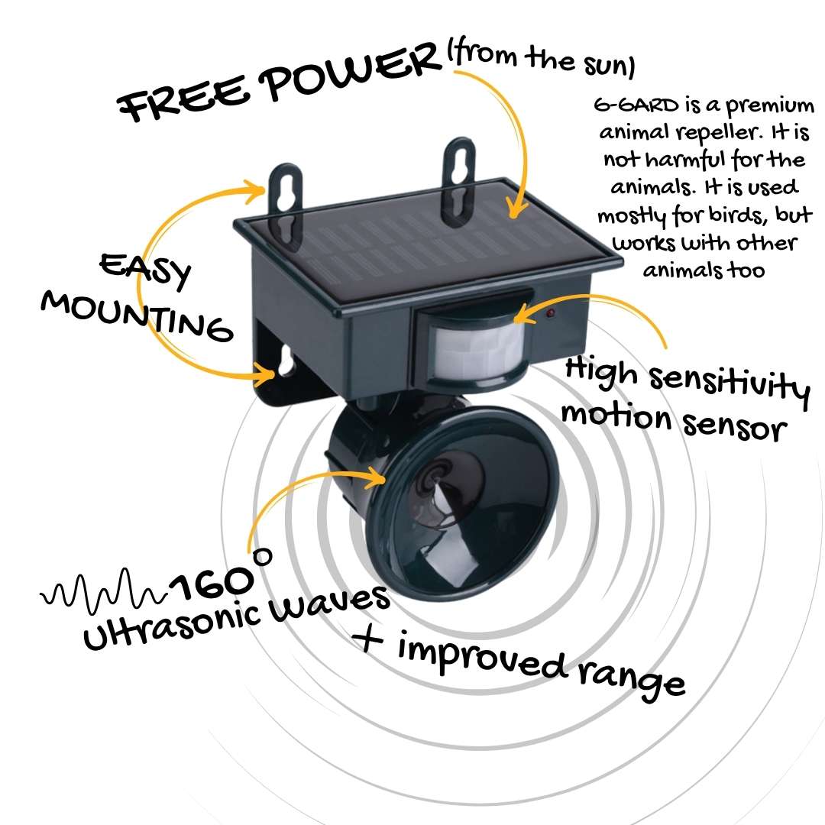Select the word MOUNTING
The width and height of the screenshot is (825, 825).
(137, 315)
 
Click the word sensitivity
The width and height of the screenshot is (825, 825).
(730, 384)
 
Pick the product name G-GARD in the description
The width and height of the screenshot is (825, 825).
(636, 105)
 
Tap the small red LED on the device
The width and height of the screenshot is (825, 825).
(550, 314)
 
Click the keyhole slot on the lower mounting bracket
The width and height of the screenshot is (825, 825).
(286, 361)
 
